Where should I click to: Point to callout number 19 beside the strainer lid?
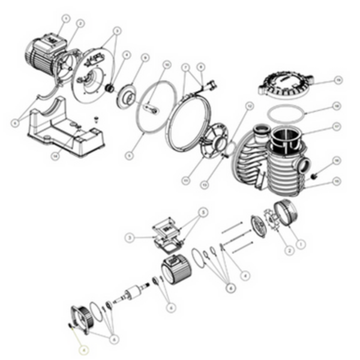[x=338, y=79]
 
